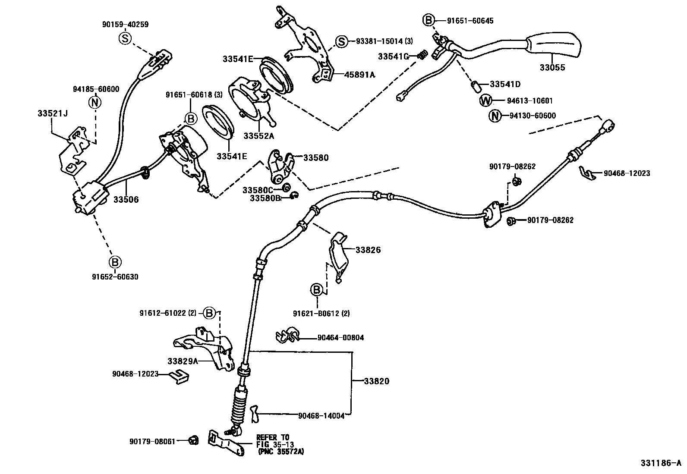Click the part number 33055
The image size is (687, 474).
552,68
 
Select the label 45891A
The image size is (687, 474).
359,75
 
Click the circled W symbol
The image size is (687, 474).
486,101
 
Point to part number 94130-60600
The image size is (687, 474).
533,116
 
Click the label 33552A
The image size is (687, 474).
258,135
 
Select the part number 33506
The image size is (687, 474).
126,200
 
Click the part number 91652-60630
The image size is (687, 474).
115,277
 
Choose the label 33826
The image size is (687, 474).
368,250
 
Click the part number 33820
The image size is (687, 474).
376,381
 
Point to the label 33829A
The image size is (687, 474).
183,361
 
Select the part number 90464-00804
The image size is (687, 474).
340,338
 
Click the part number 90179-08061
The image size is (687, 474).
152,441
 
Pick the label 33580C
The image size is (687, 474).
258,190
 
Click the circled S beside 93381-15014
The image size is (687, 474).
341,41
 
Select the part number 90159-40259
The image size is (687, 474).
125,25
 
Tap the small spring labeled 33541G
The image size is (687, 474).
423,54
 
